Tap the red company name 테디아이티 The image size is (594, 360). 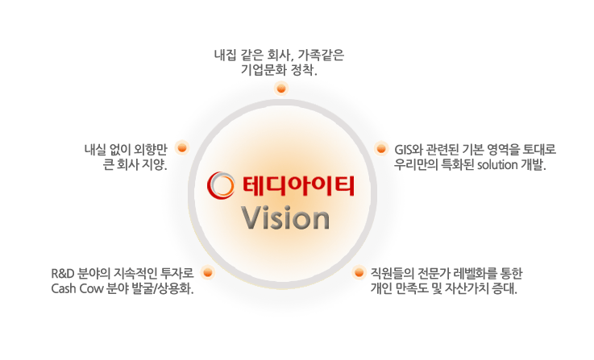point(299,186)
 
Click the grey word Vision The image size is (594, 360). point(285,218)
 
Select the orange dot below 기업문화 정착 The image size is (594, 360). point(281,89)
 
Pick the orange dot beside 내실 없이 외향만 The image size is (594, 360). point(182,147)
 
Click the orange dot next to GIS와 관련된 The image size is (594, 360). point(381,148)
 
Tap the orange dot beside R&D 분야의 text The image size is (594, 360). point(208,272)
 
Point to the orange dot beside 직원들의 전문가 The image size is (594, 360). point(359,272)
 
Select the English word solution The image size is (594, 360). point(497,165)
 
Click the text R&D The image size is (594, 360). point(62,273)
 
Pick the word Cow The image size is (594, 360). point(91,289)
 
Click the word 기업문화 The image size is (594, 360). point(263,70)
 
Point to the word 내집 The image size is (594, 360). point(226,56)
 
